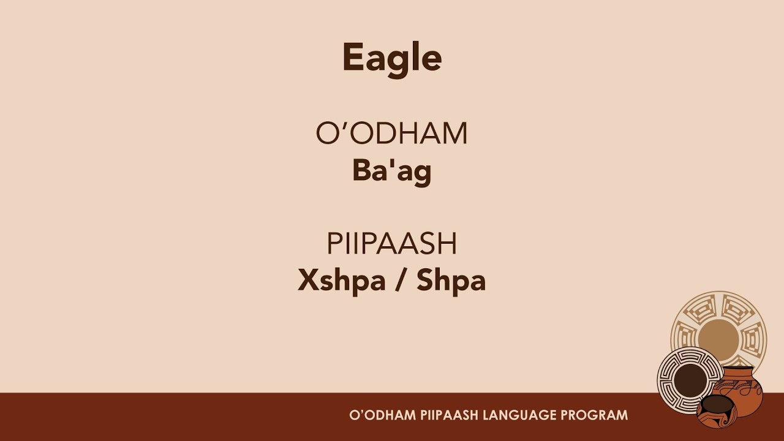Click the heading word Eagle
point(392,58)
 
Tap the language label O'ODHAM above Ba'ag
point(392,134)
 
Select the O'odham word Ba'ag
point(392,171)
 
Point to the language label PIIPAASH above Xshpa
point(392,244)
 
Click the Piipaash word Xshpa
point(341,281)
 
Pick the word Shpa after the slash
point(451,281)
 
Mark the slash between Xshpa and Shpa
point(399,281)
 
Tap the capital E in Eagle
point(353,58)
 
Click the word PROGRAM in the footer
point(595,415)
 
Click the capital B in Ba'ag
point(360,171)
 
